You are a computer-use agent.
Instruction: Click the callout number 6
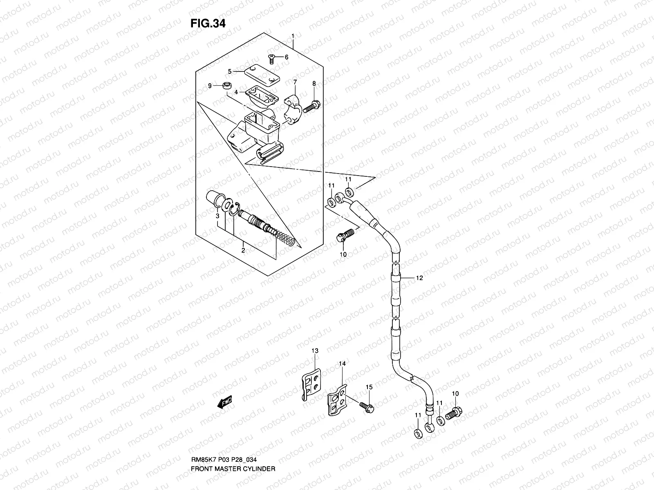[x=286, y=57]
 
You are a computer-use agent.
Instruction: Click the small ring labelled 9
[x=226, y=86]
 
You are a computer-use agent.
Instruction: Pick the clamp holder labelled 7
[x=293, y=109]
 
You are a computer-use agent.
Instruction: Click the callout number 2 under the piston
[x=243, y=250]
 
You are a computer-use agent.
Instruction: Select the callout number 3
[x=218, y=216]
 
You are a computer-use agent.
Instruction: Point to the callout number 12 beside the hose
[x=419, y=278]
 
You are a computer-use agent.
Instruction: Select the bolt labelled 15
[x=367, y=406]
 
